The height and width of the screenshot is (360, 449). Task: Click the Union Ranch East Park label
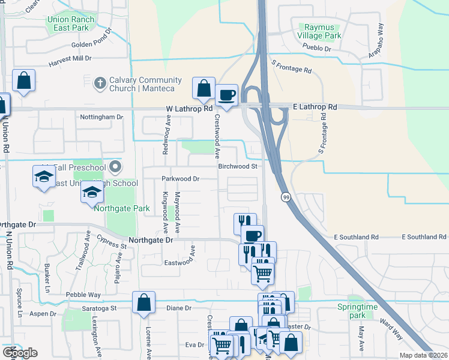tap(71, 23)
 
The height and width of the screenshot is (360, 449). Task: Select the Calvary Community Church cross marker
tap(100, 84)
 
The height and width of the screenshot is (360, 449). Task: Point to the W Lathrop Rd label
tap(190, 109)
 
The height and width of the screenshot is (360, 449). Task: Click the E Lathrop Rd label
tap(315, 107)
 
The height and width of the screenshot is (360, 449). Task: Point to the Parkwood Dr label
tap(180, 179)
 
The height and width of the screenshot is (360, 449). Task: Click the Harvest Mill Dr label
tap(70, 59)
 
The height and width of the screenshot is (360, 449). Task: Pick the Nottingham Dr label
tap(101, 117)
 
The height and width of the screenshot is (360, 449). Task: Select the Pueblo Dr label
tap(318, 48)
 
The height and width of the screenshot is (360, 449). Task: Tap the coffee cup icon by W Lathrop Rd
tap(227, 95)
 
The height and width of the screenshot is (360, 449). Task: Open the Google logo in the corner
tap(19, 353)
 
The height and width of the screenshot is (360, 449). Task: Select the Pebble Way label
tap(83, 295)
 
